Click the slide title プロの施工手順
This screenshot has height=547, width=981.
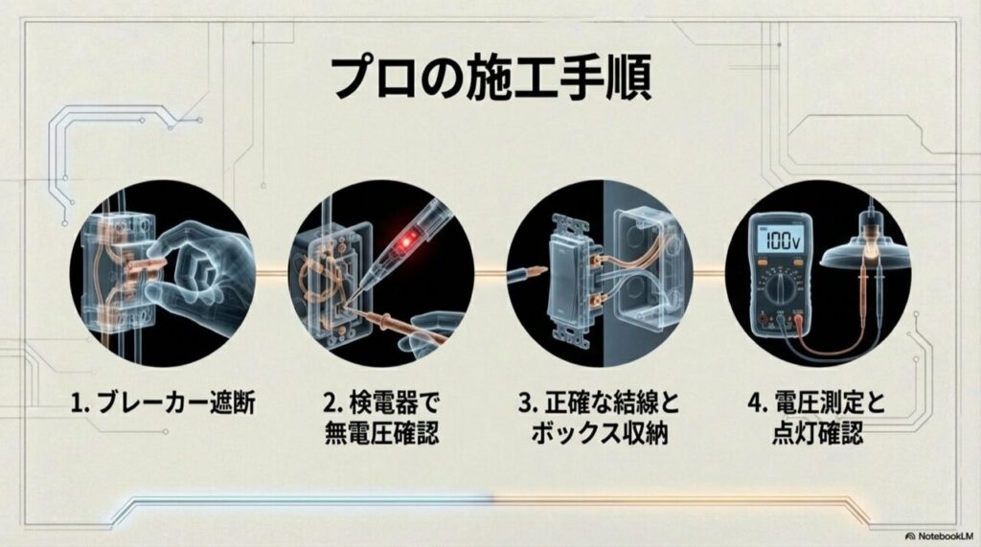pyautogui.click(x=490, y=77)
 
